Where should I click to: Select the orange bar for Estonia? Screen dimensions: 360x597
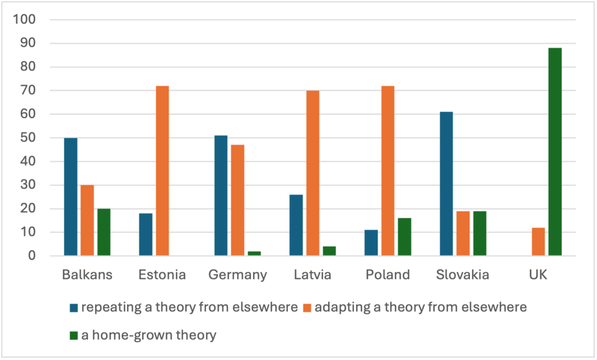click(162, 171)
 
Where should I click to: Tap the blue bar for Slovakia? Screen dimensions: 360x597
click(446, 183)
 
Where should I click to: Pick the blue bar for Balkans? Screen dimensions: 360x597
click(71, 197)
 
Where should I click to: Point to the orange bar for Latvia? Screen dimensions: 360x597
click(312, 173)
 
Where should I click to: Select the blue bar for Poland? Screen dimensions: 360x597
click(371, 243)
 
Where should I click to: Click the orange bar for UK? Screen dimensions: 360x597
click(538, 242)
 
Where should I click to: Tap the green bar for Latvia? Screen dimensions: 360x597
click(329, 251)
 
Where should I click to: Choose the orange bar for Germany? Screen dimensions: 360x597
click(237, 200)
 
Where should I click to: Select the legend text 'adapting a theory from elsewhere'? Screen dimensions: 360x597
click(420, 308)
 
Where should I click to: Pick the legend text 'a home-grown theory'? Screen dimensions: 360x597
click(149, 335)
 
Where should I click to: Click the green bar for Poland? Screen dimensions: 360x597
click(405, 237)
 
